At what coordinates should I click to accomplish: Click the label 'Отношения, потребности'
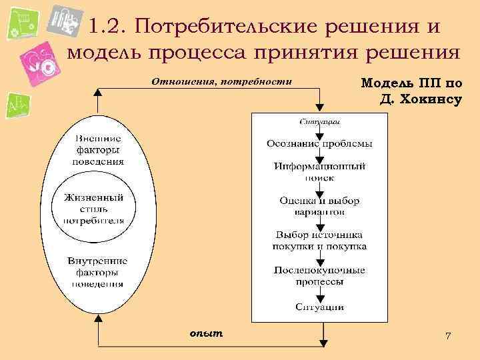coord(222,83)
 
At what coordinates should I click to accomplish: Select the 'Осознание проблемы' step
coord(319,143)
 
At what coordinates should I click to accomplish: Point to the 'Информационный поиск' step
coord(319,171)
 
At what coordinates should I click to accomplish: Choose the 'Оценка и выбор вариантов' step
coord(319,206)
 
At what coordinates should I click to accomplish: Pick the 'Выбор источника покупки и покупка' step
coord(319,240)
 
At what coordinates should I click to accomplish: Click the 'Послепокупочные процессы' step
coord(319,275)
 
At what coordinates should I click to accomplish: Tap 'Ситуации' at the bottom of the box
coord(319,307)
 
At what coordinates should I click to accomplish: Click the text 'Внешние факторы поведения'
coord(97,150)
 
